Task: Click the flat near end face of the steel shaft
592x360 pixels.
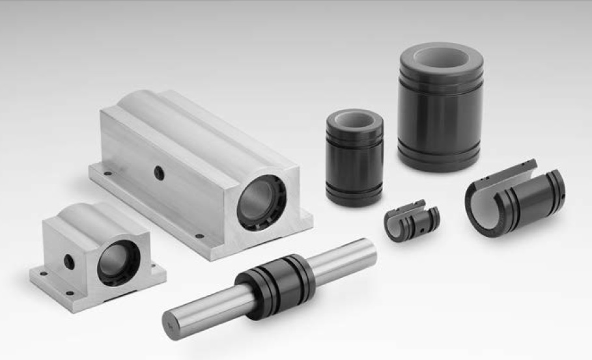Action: pyautogui.click(x=171, y=318)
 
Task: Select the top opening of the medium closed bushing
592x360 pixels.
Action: pyautogui.click(x=354, y=121)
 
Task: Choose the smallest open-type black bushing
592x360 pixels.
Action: pyautogui.click(x=412, y=222)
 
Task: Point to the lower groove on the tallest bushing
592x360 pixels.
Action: pyautogui.click(x=440, y=154)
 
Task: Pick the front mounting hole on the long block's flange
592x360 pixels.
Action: pyautogui.click(x=199, y=236)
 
